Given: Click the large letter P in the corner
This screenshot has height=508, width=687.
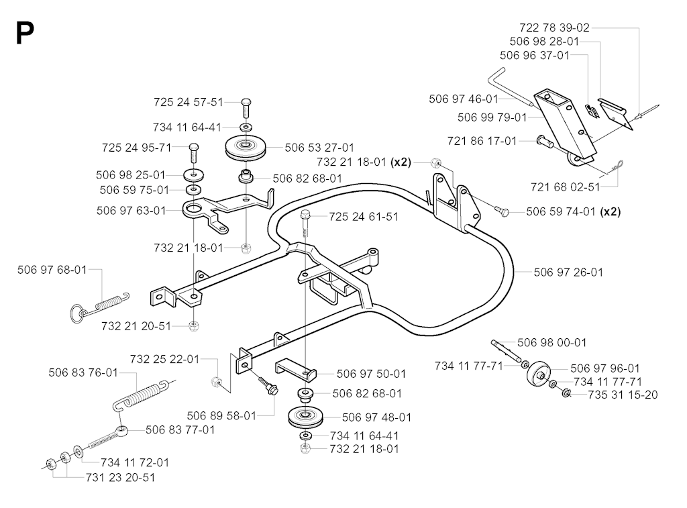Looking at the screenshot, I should (25, 34).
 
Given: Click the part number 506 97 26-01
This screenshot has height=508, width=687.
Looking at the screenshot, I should (568, 272).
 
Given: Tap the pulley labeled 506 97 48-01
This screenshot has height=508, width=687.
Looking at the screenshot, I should (305, 417).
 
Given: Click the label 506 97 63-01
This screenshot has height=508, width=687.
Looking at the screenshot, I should (131, 211).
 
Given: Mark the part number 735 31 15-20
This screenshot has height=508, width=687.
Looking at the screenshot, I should (623, 395).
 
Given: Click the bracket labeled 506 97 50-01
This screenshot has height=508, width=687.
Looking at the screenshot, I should (295, 369).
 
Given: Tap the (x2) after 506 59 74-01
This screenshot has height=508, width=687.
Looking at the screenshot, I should (610, 211).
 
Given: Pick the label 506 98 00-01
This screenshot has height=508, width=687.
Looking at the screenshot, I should (551, 343).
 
